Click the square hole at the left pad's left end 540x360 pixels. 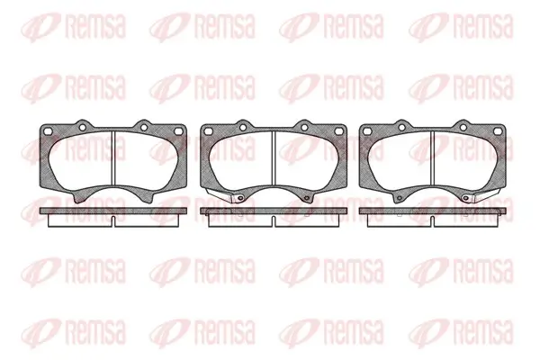point(49,131)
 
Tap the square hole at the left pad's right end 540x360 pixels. point(178,131)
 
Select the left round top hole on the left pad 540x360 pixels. point(82,128)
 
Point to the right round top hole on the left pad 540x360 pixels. point(144,128)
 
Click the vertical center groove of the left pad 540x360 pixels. point(113,159)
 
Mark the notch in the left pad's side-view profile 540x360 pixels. point(113,221)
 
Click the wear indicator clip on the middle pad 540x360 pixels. point(220,194)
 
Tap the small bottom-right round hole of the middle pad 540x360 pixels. point(306,198)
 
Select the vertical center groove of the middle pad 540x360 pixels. point(274,159)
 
